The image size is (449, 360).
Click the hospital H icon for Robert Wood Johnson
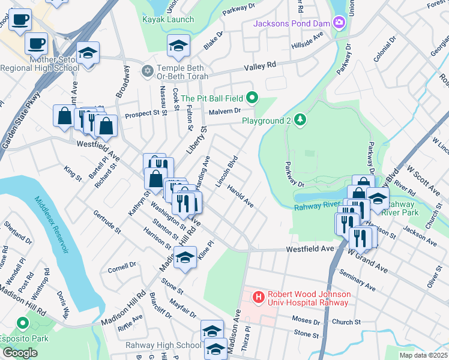258,297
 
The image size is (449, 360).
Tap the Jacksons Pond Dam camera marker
339,23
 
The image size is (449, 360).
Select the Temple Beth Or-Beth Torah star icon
148,71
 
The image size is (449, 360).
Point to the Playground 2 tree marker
300,121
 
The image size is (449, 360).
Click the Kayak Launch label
167,19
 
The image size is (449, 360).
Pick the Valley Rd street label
259,65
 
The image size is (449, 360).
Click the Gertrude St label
107,221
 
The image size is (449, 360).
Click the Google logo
20,353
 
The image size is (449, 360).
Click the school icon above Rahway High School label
212,331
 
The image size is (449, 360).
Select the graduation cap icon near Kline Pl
185,257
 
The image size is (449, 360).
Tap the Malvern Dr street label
225,110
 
